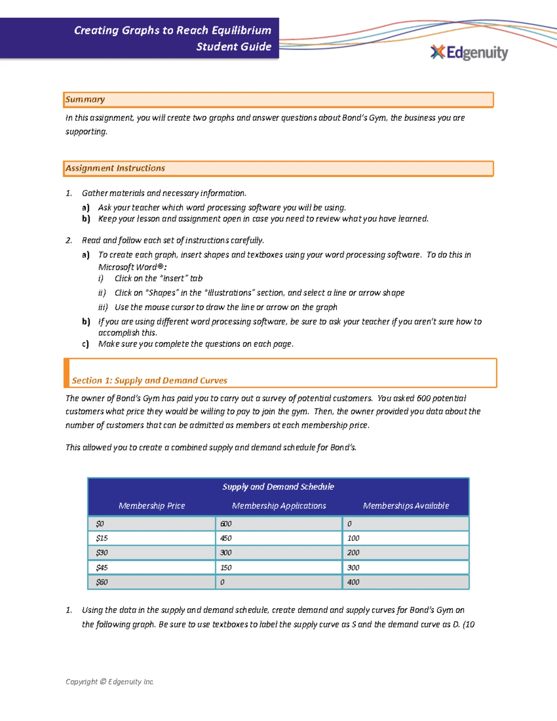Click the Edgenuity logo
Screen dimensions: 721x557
pyautogui.click(x=469, y=52)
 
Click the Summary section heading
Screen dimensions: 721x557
pyautogui.click(x=85, y=99)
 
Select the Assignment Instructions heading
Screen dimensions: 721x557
pyautogui.click(x=115, y=168)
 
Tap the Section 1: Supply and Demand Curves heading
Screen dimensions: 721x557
pyautogui.click(x=149, y=380)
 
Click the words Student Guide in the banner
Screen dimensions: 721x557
pyautogui.click(x=233, y=46)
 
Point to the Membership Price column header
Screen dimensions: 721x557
pyautogui.click(x=152, y=506)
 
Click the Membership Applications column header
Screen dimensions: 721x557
pyautogui.click(x=279, y=506)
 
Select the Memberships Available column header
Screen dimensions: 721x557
pyautogui.click(x=406, y=506)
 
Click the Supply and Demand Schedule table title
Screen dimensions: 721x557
pyautogui.click(x=278, y=487)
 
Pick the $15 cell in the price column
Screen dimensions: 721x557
pyautogui.click(x=102, y=538)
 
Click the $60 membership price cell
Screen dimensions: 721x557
pyautogui.click(x=102, y=582)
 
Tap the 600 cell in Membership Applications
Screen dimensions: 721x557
pyautogui.click(x=226, y=524)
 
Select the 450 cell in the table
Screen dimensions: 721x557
pyautogui.click(x=226, y=538)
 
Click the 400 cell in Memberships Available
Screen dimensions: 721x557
pyautogui.click(x=353, y=582)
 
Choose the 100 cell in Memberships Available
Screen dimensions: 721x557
pyautogui.click(x=353, y=538)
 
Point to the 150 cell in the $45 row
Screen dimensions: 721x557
pyautogui.click(x=226, y=567)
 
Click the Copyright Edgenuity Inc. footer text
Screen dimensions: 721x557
pyautogui.click(x=110, y=682)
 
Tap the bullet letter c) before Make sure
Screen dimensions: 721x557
pyautogui.click(x=85, y=344)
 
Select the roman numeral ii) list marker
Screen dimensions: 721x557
pyautogui.click(x=102, y=293)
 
